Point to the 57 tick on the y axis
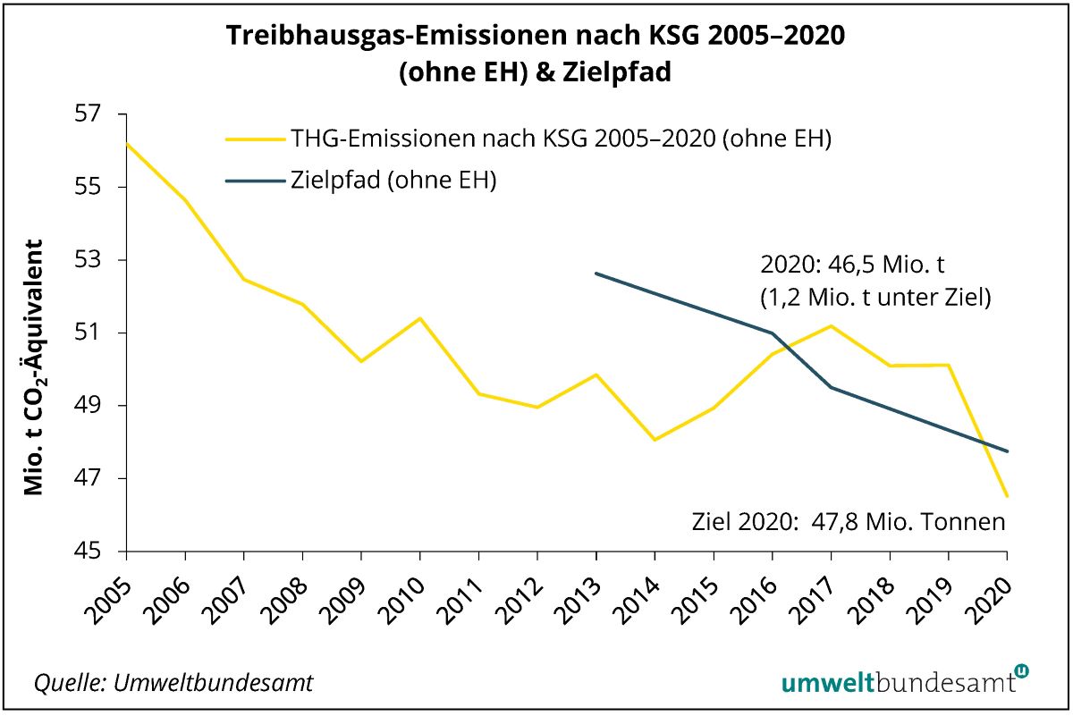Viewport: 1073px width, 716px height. click(x=93, y=115)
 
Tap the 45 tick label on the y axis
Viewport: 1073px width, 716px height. click(x=93, y=552)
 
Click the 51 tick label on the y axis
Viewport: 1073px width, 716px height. click(x=93, y=333)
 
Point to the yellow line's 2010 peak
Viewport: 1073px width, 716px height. click(x=419, y=318)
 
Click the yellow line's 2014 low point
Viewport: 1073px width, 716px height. click(x=655, y=440)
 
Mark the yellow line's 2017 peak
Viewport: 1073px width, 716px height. click(x=831, y=325)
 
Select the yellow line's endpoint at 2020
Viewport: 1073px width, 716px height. click(x=1007, y=496)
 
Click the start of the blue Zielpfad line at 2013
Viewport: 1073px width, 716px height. click(x=596, y=274)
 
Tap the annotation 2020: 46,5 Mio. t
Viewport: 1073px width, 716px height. click(x=852, y=265)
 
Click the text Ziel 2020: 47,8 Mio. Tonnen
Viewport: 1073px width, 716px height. click(x=849, y=521)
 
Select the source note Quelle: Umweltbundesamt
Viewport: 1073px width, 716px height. click(x=173, y=683)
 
